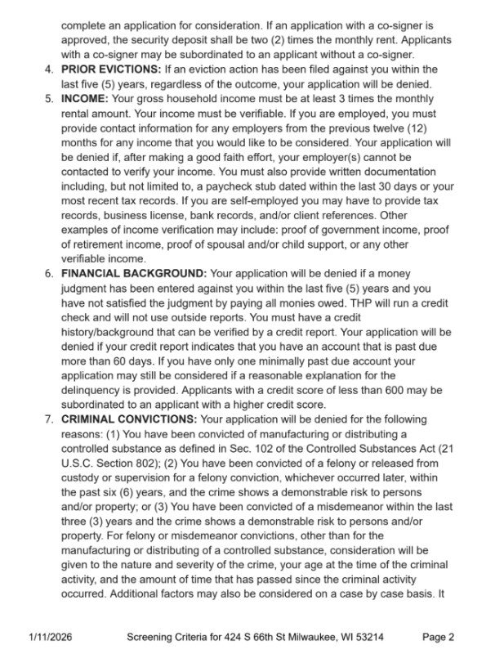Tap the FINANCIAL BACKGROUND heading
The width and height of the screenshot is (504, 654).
132,274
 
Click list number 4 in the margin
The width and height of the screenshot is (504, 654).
48,69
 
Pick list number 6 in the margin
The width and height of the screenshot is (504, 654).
48,274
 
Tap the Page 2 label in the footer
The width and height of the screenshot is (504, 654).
439,638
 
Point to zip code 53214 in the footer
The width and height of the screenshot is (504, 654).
367,638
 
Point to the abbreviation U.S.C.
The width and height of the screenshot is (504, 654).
79,464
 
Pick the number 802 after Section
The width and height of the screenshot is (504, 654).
145,464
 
